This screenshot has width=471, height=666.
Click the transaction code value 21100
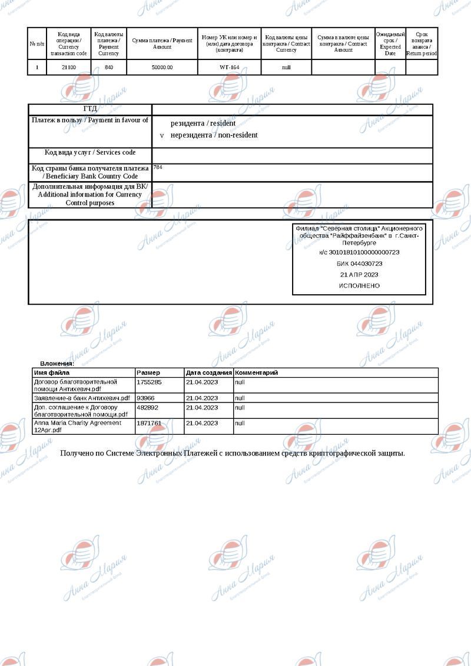[x=69, y=68]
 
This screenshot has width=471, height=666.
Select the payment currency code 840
[x=109, y=68]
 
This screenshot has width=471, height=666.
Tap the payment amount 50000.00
[x=162, y=68]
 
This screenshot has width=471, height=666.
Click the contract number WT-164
[x=229, y=68]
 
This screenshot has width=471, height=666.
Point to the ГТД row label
[x=90, y=109]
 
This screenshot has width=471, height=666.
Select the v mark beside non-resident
[x=162, y=135]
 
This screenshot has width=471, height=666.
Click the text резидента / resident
[x=203, y=124]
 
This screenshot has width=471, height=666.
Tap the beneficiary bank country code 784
[x=158, y=168]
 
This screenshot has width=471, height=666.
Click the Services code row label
[x=90, y=153]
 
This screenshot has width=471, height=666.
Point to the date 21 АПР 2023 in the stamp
[x=359, y=275]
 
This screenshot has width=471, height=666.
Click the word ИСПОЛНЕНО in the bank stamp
[x=359, y=286]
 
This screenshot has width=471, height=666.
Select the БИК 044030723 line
[x=359, y=264]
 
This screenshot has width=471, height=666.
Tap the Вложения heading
[x=57, y=364]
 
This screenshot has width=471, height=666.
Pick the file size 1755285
[x=149, y=382]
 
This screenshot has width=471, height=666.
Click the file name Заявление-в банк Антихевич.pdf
[x=82, y=398]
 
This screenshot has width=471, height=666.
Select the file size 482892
[x=147, y=407]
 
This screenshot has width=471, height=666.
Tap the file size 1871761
[x=149, y=423]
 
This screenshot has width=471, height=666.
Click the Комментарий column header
[x=256, y=372]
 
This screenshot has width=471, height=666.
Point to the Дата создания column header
[x=209, y=372]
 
